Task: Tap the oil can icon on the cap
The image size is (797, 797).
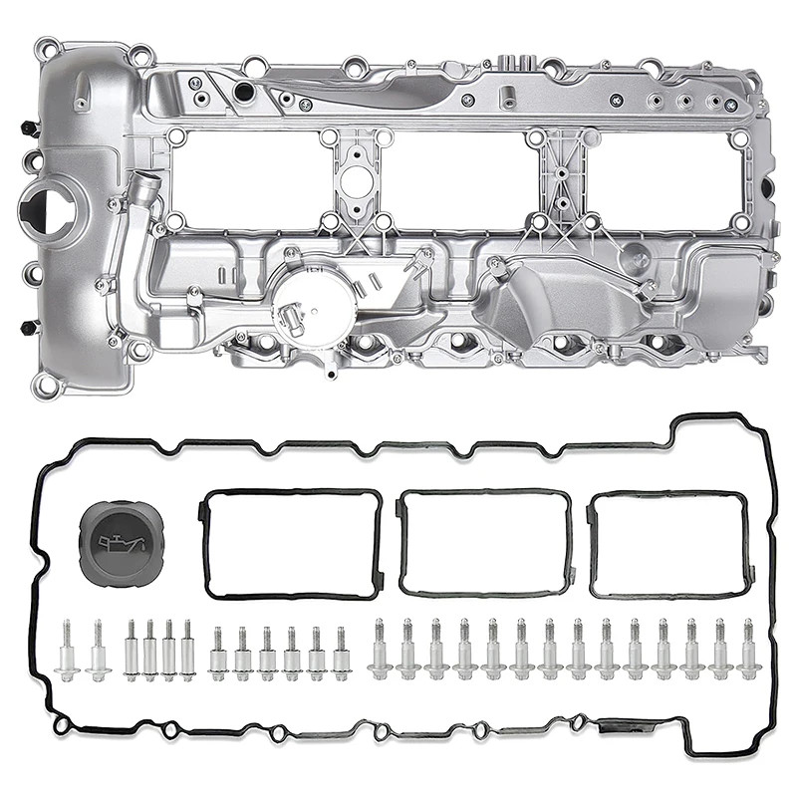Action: pyautogui.click(x=119, y=542)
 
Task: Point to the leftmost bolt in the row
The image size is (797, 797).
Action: pyautogui.click(x=68, y=649)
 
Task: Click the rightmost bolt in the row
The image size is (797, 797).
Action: pyautogui.click(x=748, y=649)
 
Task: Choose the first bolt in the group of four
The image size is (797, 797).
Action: pyautogui.click(x=131, y=649)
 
